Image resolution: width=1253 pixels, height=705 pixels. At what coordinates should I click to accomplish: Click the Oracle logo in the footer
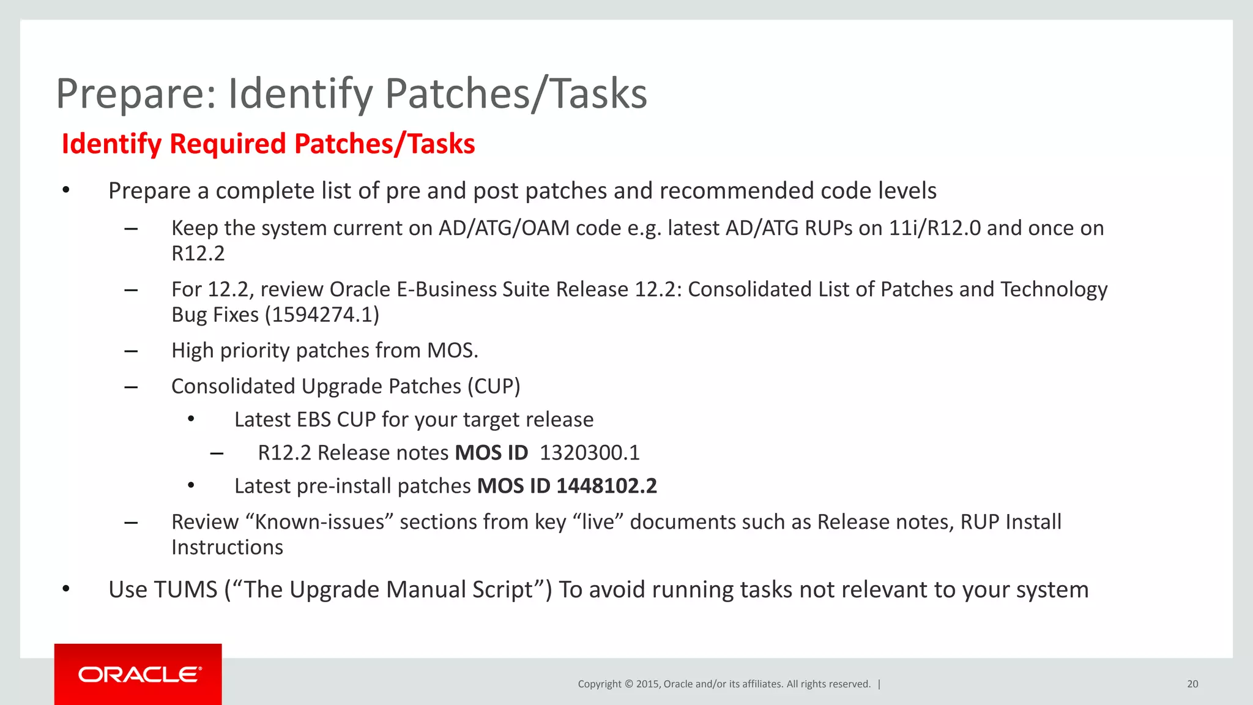(139, 674)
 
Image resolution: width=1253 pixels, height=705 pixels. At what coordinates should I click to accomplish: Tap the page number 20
(1192, 684)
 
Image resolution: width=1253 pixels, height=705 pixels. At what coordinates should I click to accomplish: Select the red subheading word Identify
(111, 144)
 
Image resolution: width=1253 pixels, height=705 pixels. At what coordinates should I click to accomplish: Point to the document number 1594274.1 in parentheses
(322, 315)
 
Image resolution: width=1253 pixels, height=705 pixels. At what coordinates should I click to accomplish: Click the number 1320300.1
(589, 453)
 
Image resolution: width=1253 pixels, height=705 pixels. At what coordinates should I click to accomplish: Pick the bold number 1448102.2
(606, 486)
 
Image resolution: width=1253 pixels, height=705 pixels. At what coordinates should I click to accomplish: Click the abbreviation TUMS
(185, 590)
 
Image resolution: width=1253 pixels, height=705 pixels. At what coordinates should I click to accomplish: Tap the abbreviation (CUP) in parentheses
(494, 387)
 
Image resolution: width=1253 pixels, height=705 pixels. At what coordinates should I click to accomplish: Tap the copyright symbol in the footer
(628, 684)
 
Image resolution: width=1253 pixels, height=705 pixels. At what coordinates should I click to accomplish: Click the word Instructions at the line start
(227, 548)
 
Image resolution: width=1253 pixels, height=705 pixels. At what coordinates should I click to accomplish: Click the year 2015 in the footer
(647, 684)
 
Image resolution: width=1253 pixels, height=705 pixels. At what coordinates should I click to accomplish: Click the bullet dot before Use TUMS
(66, 589)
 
